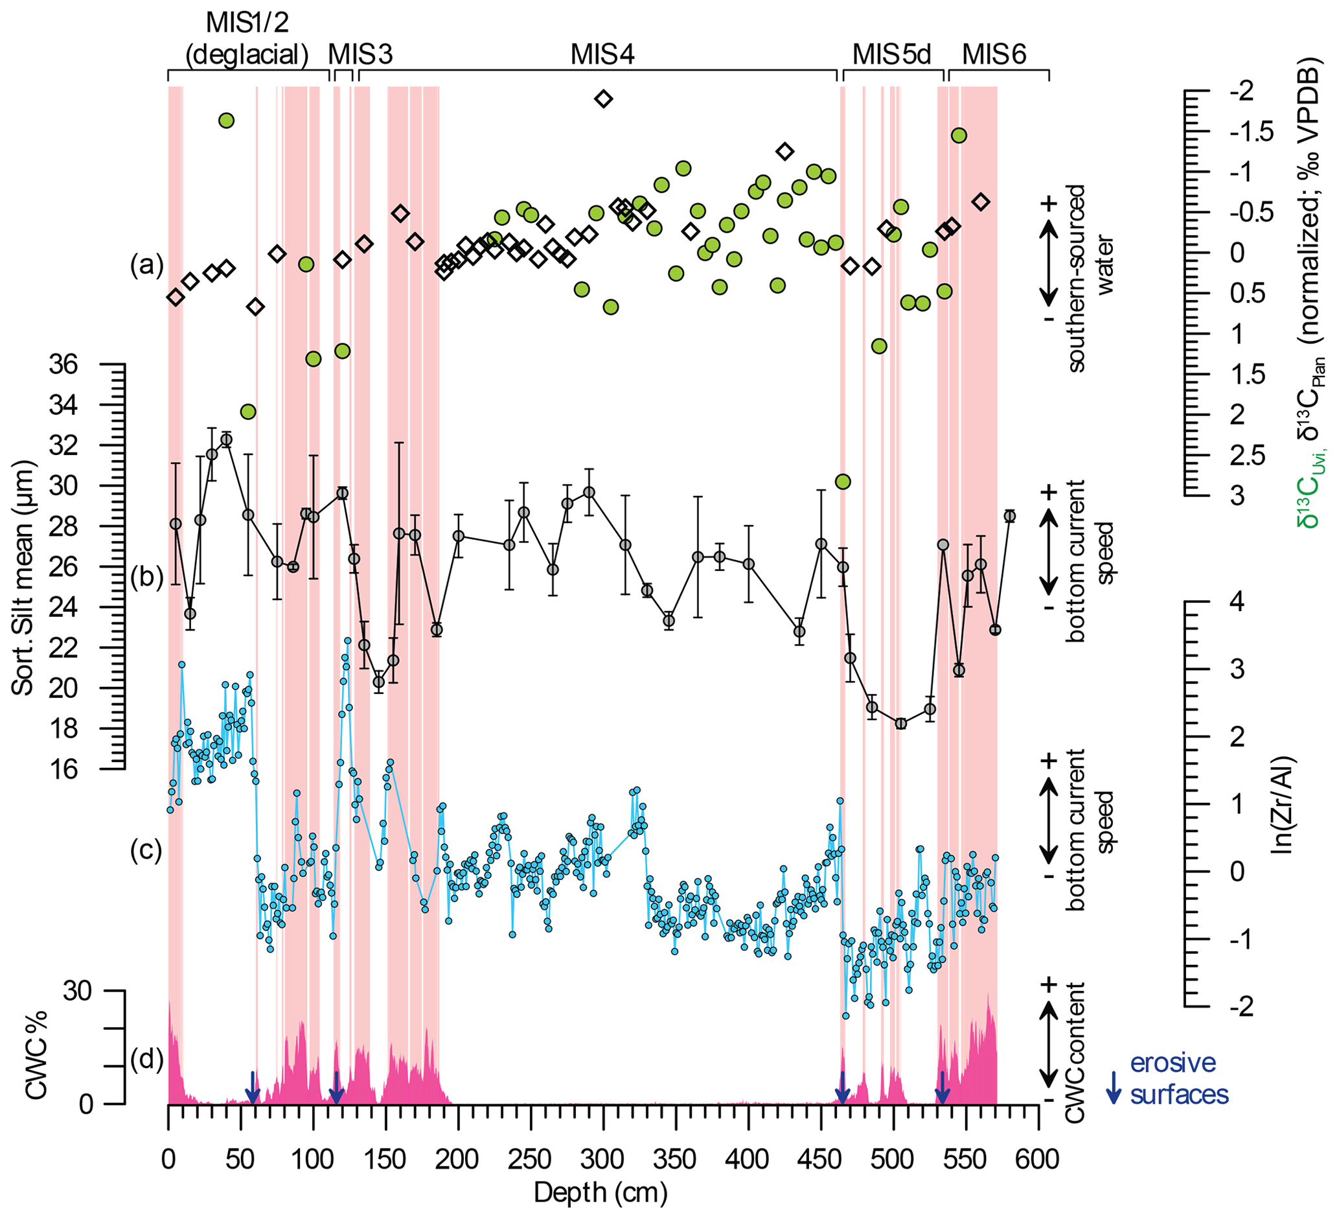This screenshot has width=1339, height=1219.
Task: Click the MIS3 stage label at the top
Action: tap(361, 54)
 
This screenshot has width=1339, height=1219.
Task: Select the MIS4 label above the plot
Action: tap(602, 54)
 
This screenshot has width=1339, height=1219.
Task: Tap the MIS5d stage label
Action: tap(892, 54)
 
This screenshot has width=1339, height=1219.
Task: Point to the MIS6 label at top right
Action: tap(994, 54)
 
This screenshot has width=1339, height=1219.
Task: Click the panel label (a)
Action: tap(146, 265)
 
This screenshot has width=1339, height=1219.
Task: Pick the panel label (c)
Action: tap(146, 850)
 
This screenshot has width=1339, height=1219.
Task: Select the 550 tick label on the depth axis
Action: tap(965, 1159)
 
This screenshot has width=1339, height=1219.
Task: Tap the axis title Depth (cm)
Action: tap(601, 1193)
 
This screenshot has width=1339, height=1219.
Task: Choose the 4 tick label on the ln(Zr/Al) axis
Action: tap(1236, 602)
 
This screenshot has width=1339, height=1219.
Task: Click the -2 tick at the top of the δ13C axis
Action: tap(1240, 91)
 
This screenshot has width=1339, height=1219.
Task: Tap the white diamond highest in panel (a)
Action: tap(603, 99)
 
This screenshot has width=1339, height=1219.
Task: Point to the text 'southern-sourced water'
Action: tap(1086, 277)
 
